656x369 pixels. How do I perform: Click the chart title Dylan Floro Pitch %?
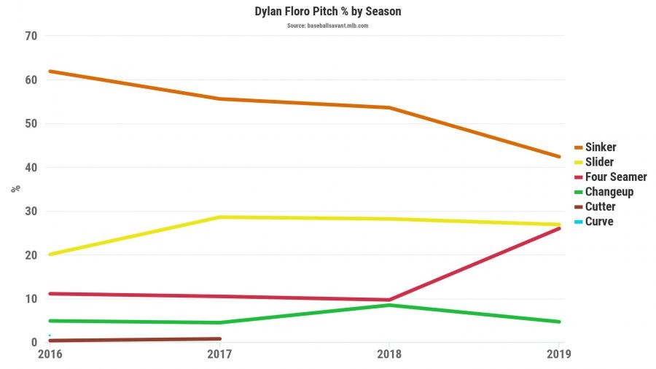[x=328, y=12]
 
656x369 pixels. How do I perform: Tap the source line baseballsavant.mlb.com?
[x=327, y=26]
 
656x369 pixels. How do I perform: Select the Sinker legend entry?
[x=601, y=147]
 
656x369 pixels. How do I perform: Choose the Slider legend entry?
[x=599, y=162]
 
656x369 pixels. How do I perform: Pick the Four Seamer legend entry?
[x=616, y=176]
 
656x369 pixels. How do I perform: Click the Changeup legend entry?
[x=609, y=192]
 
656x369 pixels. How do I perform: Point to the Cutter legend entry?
[x=600, y=206]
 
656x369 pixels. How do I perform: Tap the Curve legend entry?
[x=599, y=221]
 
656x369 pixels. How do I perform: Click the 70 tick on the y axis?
[x=31, y=36]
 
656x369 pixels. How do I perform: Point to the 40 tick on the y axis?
[x=31, y=168]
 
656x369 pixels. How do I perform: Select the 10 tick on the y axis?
[x=31, y=299]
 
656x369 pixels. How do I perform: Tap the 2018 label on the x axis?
[x=388, y=354]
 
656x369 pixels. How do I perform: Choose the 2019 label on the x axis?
[x=558, y=354]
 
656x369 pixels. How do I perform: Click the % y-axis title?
[x=15, y=189]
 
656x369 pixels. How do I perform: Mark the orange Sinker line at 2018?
[x=389, y=108]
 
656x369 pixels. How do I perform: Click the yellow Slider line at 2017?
[x=219, y=217]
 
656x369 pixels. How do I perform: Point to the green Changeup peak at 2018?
[x=389, y=305]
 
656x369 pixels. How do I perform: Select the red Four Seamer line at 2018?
[x=389, y=300]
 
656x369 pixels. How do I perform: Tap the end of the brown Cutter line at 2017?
[x=219, y=338]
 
